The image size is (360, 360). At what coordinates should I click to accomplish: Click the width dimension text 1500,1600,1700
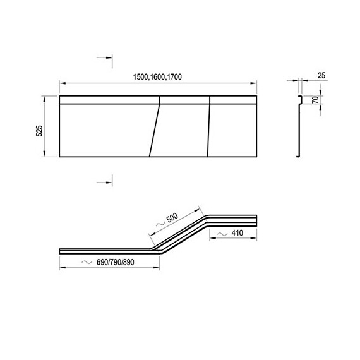(157, 76)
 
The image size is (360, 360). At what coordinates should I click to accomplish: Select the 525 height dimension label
(39, 131)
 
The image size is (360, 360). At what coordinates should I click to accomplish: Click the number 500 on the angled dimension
(171, 219)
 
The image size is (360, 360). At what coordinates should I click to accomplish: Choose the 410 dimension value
(237, 234)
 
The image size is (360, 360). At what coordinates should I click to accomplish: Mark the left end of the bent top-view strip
(61, 249)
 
